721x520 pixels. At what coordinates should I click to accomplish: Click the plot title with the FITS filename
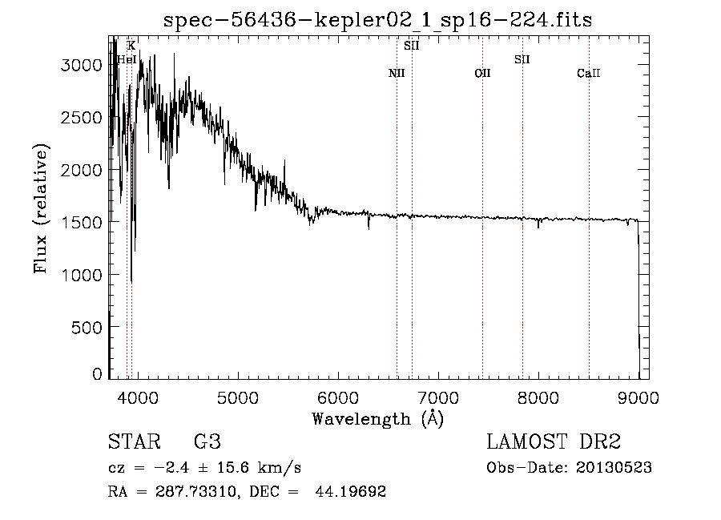click(x=377, y=20)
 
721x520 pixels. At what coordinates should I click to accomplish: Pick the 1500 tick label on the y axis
click(x=83, y=222)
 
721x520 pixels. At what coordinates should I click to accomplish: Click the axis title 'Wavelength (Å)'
click(x=377, y=418)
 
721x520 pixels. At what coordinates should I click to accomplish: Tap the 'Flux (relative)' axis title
click(x=41, y=209)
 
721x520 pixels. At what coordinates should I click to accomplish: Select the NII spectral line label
click(x=397, y=74)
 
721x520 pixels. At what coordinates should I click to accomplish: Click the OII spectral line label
click(x=482, y=74)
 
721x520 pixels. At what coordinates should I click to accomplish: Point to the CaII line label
click(x=589, y=74)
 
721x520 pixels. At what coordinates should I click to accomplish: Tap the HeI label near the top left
click(x=127, y=59)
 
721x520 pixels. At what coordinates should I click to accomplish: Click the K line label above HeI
click(x=131, y=46)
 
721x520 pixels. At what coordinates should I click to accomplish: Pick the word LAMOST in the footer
click(x=525, y=442)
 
